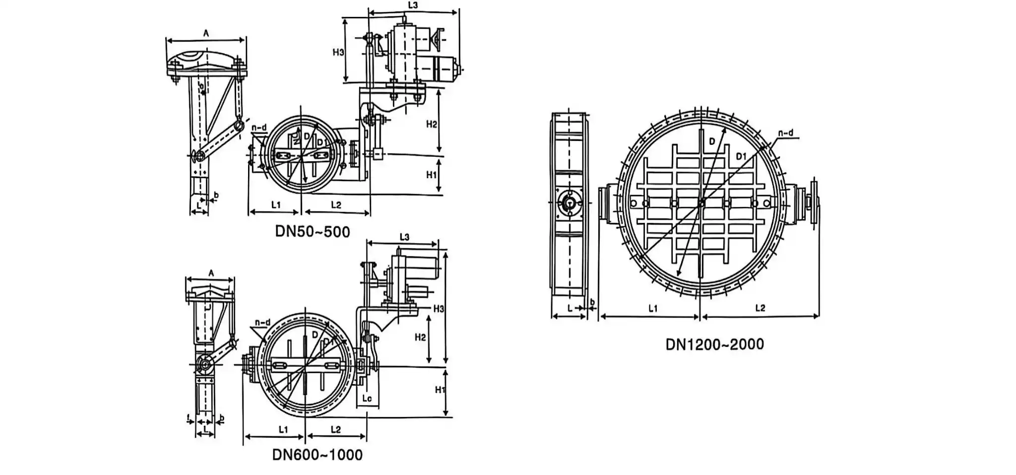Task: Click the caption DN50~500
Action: (313, 232)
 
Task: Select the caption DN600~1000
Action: (317, 455)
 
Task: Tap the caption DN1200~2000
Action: (714, 344)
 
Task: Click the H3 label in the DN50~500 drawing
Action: (338, 52)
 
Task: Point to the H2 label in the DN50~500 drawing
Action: (432, 124)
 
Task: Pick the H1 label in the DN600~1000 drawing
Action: (440, 390)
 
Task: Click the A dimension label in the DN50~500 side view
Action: (206, 33)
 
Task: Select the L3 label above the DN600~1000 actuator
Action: (404, 237)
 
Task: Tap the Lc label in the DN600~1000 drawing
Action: (367, 399)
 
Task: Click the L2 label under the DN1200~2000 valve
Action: (760, 308)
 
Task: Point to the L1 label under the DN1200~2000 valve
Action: (653, 309)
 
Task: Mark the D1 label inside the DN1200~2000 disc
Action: (741, 157)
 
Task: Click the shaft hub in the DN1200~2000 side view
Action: (570, 203)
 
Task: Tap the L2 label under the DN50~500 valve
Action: (336, 205)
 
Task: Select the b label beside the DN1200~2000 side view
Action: (592, 302)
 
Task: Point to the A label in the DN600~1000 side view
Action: (211, 273)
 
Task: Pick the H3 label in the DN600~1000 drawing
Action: (439, 309)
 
